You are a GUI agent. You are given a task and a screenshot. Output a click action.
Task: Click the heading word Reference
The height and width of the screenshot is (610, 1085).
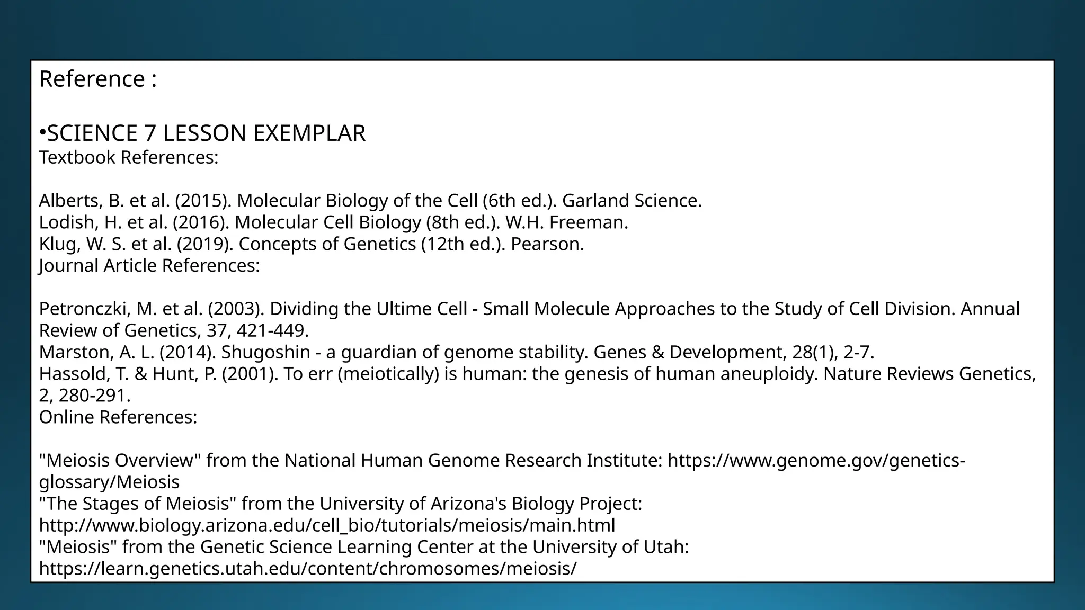(x=92, y=79)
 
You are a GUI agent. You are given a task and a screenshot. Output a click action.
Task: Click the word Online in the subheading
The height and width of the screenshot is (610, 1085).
(x=67, y=417)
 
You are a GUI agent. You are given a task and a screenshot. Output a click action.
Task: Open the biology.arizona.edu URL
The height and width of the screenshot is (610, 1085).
(x=327, y=525)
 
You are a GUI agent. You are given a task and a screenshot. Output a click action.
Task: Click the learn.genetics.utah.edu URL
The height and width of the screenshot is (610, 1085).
(x=307, y=568)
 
